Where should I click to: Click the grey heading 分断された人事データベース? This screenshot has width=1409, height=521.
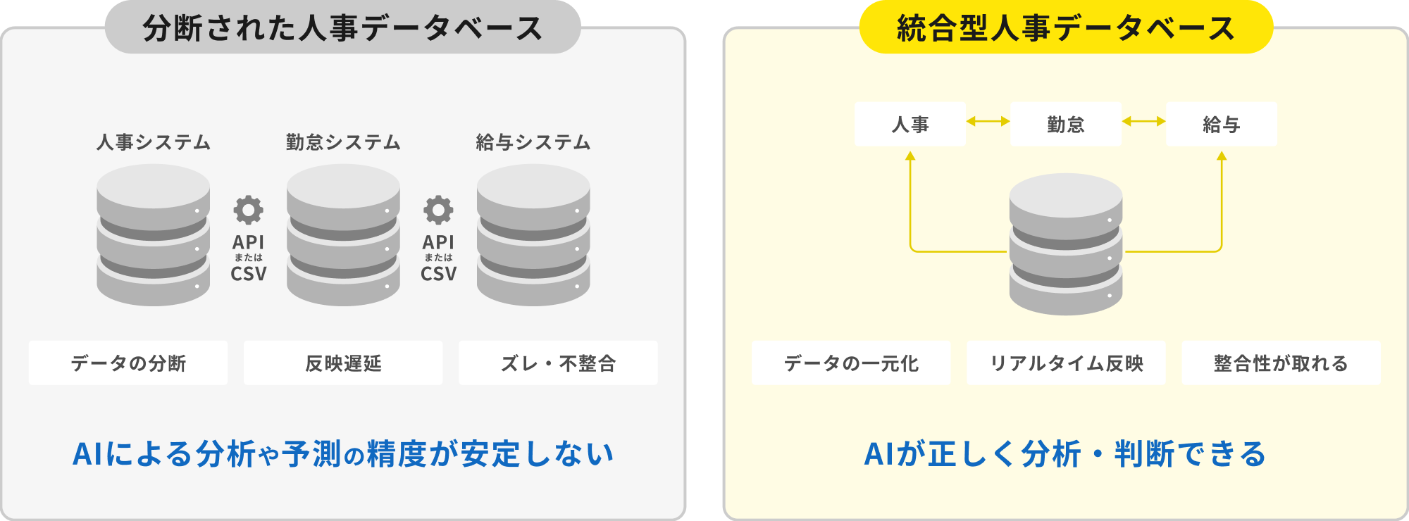click(x=343, y=27)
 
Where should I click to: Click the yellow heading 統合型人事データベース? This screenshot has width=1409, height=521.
click(x=1066, y=27)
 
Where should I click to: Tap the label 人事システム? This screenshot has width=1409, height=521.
click(x=154, y=142)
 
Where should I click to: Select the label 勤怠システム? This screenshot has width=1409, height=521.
click(x=343, y=142)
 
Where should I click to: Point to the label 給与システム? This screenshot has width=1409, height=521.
click(x=533, y=142)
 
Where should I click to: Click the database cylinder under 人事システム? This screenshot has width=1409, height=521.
click(x=154, y=235)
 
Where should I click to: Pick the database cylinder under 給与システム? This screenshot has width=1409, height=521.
click(x=533, y=235)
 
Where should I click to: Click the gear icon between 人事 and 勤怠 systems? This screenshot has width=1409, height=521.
click(x=249, y=210)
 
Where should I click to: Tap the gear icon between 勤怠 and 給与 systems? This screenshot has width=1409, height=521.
click(x=438, y=210)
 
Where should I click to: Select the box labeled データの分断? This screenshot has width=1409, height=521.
click(x=128, y=363)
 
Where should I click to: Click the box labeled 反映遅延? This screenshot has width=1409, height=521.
click(x=343, y=363)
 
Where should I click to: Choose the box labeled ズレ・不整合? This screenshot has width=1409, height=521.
click(x=559, y=363)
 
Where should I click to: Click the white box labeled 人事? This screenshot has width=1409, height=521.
click(x=910, y=125)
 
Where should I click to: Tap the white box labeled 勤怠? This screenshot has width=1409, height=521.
click(x=1066, y=125)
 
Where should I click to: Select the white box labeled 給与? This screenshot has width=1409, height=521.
click(x=1222, y=125)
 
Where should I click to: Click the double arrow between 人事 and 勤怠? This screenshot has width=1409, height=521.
click(x=988, y=121)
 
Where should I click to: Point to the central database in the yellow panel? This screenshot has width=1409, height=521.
click(x=1066, y=244)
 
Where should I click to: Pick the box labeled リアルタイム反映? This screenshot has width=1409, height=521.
click(x=1066, y=363)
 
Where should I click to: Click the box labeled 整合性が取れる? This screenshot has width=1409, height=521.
click(x=1281, y=363)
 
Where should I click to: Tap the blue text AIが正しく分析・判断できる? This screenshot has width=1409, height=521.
click(x=1065, y=454)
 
